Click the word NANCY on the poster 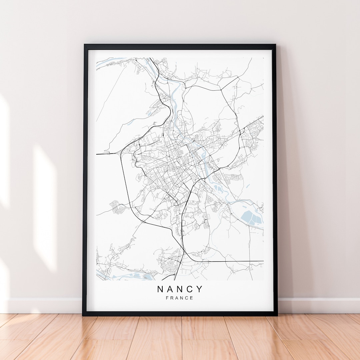click(180, 289)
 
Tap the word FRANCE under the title click(180, 298)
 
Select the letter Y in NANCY click(199, 289)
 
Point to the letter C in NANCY click(190, 289)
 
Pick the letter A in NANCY click(170, 289)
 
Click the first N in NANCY click(160, 289)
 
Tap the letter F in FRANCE click(167, 298)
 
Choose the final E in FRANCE click(192, 298)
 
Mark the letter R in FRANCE click(172, 298)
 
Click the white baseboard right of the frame click(317, 305)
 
